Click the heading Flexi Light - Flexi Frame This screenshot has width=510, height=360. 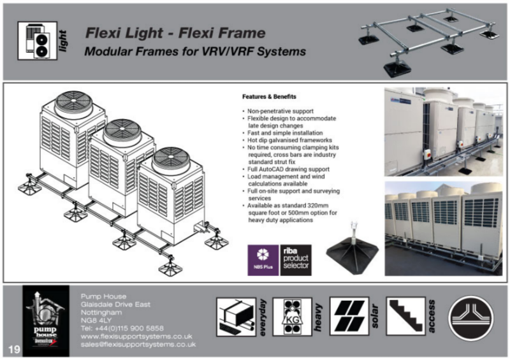tap(176, 32)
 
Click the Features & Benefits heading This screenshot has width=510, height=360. tap(267, 97)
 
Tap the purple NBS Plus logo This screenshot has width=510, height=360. tap(263, 260)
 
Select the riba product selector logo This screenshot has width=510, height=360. tap(296, 260)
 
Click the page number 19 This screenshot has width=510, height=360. tap(14, 349)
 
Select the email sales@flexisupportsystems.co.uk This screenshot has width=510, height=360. tap(138, 344)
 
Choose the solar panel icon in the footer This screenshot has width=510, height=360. tap(349, 317)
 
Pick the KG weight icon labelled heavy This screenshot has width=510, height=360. tap(292, 317)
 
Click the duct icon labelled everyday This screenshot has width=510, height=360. tap(236, 317)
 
